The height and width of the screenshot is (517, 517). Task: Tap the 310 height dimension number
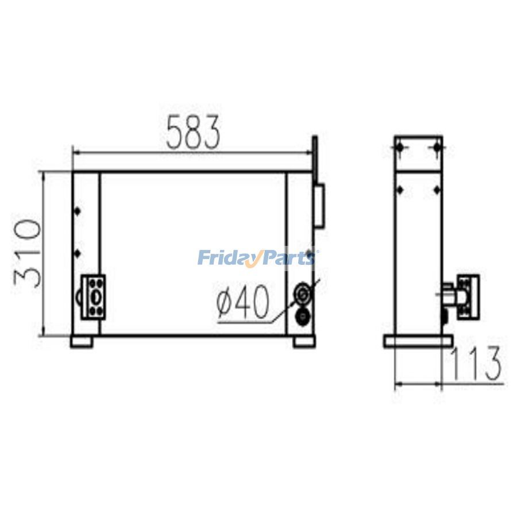27,253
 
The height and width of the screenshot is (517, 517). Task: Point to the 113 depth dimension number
474,364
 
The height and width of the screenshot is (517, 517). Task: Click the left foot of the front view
82,342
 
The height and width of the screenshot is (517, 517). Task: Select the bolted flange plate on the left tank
94,296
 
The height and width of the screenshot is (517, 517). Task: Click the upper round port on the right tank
302,294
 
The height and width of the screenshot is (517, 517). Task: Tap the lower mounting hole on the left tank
76,253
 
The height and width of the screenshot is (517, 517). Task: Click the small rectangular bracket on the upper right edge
320,205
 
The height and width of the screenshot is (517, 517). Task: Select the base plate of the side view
418,342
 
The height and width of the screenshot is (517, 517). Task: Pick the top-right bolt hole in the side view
437,149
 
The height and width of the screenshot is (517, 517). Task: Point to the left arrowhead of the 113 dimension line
397,383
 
